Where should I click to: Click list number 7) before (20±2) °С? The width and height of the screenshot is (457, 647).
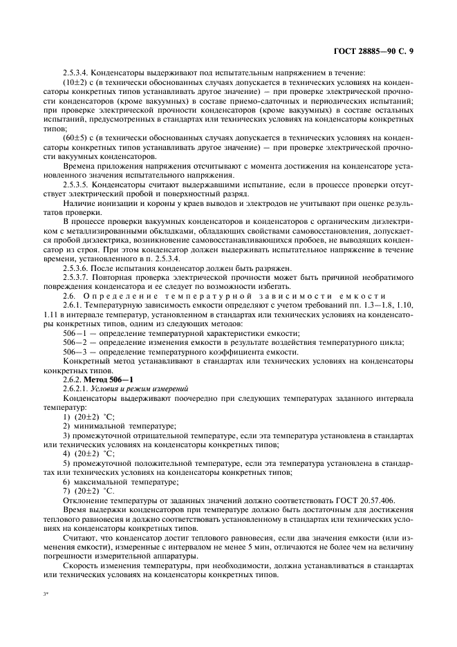[66, 491]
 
